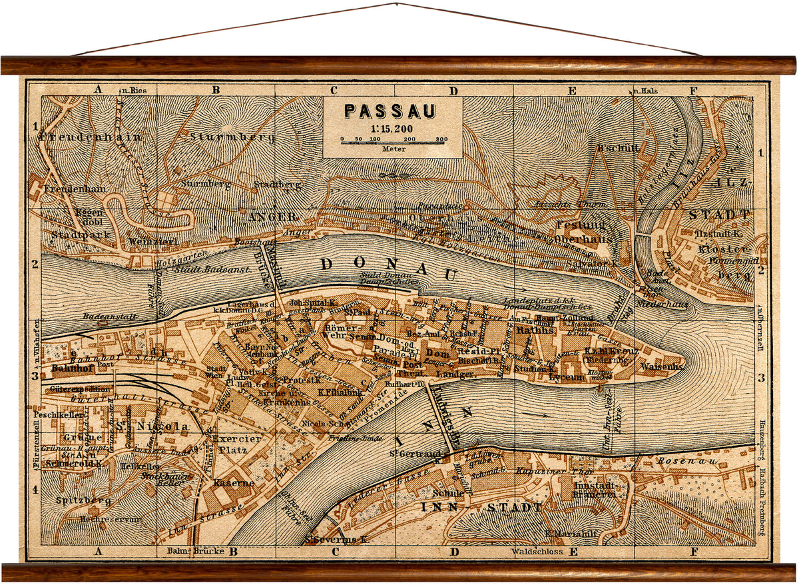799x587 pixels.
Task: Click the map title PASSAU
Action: pyautogui.click(x=390, y=111)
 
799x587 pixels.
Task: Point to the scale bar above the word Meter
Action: pyautogui.click(x=394, y=140)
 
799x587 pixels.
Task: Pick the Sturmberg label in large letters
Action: pyautogui.click(x=222, y=137)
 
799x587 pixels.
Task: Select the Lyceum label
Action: pyautogui.click(x=567, y=377)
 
